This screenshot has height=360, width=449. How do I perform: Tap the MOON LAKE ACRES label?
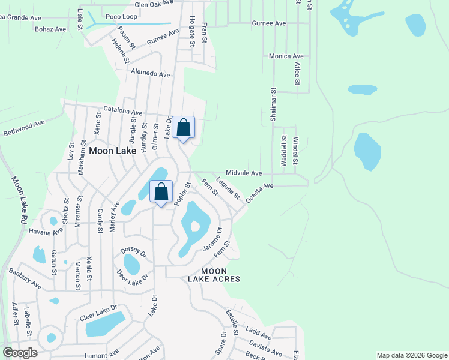click(x=213, y=275)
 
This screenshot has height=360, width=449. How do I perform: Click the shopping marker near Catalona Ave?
click(x=184, y=127)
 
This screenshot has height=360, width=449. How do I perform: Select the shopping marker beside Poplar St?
click(x=161, y=192)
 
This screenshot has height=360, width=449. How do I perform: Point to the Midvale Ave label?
click(x=244, y=173)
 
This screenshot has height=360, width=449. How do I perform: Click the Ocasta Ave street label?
click(x=259, y=193)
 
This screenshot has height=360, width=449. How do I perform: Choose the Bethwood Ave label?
click(x=24, y=128)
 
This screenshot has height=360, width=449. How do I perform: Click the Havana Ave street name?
click(x=46, y=232)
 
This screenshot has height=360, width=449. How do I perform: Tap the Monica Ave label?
click(x=286, y=56)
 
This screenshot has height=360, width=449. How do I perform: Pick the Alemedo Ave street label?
click(x=151, y=74)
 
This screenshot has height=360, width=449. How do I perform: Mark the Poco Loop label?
click(x=121, y=16)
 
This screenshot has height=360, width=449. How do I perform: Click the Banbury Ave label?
click(x=25, y=277)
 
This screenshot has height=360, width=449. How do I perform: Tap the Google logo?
click(x=20, y=353)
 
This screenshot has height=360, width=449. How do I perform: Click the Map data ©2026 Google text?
click(x=412, y=355)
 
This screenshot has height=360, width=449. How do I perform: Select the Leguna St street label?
click(x=228, y=188)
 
